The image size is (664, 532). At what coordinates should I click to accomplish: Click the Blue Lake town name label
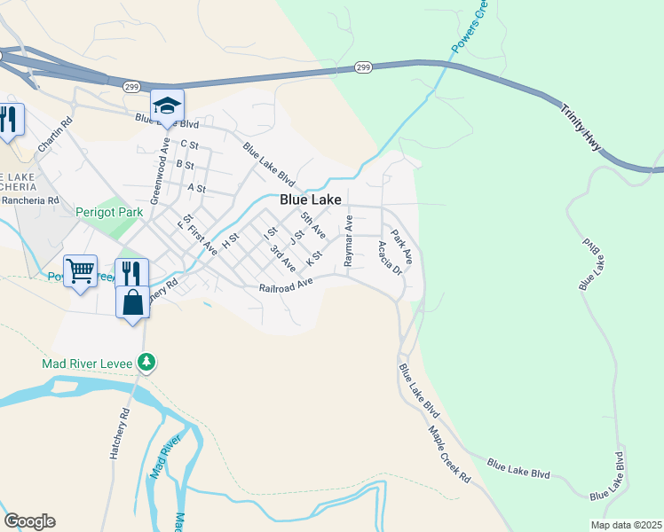coord(311,200)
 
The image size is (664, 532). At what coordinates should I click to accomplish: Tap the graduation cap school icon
coord(167,106)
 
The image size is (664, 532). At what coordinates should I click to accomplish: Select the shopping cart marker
coord(80,271)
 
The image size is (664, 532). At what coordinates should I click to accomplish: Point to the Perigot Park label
coord(109,213)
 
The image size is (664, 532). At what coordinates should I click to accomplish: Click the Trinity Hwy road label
coord(581,130)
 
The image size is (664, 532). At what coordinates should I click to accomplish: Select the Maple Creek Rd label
coord(449,454)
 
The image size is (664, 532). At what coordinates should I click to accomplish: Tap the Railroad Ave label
coord(287,287)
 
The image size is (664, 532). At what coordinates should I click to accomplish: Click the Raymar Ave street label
coord(349,240)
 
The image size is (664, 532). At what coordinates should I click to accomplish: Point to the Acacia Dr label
coord(390,258)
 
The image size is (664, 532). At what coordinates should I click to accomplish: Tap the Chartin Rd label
coord(54,134)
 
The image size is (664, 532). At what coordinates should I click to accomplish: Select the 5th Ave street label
coord(312,225)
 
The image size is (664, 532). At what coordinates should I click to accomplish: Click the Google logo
coord(29,521)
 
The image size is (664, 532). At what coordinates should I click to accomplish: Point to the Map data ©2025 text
coord(626,525)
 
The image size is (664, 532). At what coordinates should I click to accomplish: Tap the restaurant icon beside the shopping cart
coord(131,271)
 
